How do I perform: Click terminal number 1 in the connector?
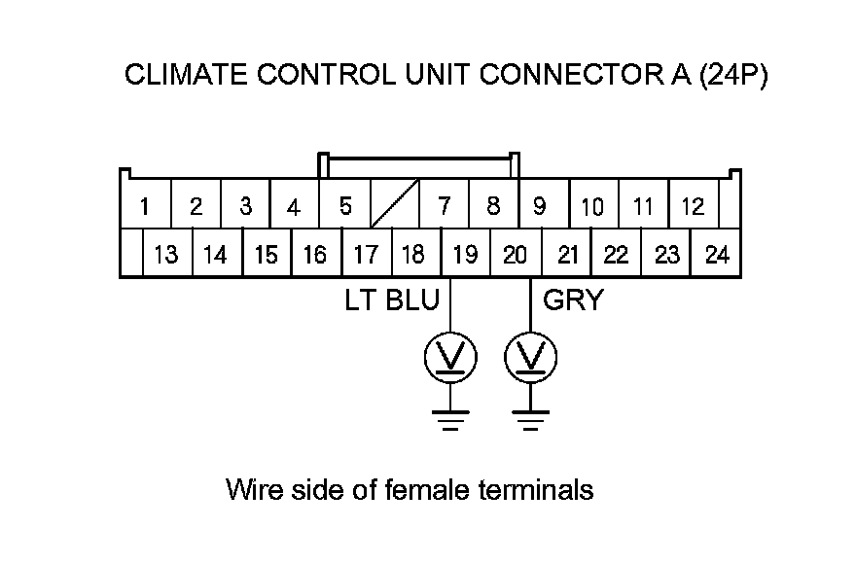[x=144, y=206]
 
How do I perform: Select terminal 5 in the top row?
[x=345, y=206]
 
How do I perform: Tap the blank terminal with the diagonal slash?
[x=395, y=205]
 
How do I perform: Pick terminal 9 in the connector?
[x=540, y=206]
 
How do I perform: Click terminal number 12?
[x=693, y=206]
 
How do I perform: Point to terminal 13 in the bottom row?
[x=166, y=255]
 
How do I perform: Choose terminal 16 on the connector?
[x=315, y=255]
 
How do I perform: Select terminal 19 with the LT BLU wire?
[x=465, y=255]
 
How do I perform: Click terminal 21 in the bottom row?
[x=568, y=255]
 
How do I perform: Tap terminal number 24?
[x=717, y=255]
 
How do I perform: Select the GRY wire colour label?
[x=573, y=300]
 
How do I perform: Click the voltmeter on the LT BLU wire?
[x=449, y=359]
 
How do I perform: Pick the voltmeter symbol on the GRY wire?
[x=530, y=359]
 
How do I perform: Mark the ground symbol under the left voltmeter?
[x=449, y=419]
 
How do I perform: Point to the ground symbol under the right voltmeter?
[x=530, y=419]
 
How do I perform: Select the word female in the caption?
[x=436, y=489]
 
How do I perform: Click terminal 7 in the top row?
[x=445, y=206]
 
